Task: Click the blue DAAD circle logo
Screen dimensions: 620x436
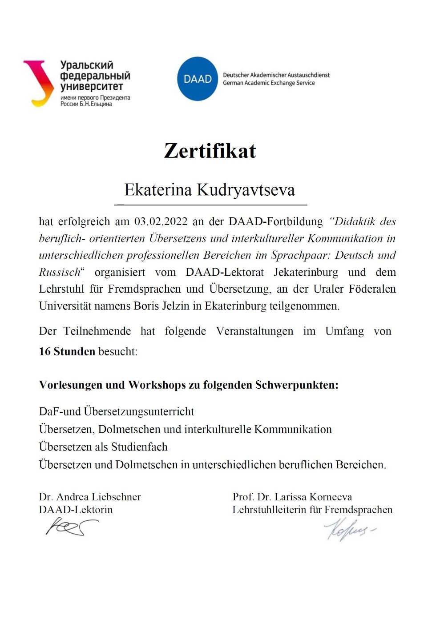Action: (x=197, y=79)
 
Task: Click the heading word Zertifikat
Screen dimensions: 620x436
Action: (x=210, y=151)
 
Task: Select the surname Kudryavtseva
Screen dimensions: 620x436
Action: (x=246, y=190)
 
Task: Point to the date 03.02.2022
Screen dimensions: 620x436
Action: (x=161, y=221)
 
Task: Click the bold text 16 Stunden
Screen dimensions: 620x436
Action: (x=67, y=351)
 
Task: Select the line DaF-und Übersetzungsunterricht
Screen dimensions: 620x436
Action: (x=117, y=411)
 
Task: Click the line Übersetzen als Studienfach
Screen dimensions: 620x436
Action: (x=103, y=447)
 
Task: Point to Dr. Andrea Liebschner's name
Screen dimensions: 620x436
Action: (x=89, y=497)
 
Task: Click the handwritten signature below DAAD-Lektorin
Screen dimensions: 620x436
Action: (x=71, y=527)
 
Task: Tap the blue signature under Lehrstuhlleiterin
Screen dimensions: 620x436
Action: (x=350, y=529)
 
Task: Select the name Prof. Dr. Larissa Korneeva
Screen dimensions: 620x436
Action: (x=292, y=497)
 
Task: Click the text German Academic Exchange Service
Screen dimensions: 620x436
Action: (x=269, y=83)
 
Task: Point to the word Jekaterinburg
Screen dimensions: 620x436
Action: (x=306, y=272)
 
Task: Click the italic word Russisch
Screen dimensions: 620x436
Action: (x=60, y=272)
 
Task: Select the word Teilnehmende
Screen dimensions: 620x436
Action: (x=97, y=331)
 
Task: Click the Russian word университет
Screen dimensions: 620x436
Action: (x=92, y=86)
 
